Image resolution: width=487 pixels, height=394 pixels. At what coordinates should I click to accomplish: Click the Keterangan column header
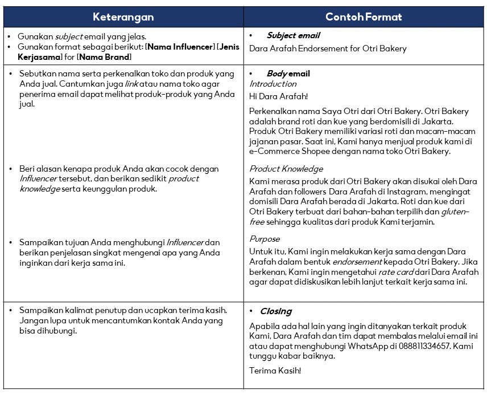pos(123,17)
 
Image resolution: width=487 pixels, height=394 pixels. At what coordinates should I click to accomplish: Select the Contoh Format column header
pos(364,17)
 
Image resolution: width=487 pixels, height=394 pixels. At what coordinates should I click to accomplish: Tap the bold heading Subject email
pos(293,36)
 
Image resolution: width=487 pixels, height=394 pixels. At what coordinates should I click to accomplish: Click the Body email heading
pos(288,74)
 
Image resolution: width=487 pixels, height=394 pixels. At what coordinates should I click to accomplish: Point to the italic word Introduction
pos(273,84)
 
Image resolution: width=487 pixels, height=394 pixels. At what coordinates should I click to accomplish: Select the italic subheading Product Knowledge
pos(286,169)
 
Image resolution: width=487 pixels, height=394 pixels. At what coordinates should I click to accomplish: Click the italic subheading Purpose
pos(264,239)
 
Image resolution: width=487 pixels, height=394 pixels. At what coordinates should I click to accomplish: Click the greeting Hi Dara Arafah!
pos(278,97)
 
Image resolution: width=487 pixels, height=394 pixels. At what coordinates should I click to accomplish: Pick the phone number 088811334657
pos(421,346)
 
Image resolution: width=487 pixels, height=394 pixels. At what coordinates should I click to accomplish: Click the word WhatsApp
pos(374,346)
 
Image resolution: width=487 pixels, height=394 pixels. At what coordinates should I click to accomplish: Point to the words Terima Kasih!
pos(275,371)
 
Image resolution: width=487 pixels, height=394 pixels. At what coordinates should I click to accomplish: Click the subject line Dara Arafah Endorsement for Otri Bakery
pos(328,48)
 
